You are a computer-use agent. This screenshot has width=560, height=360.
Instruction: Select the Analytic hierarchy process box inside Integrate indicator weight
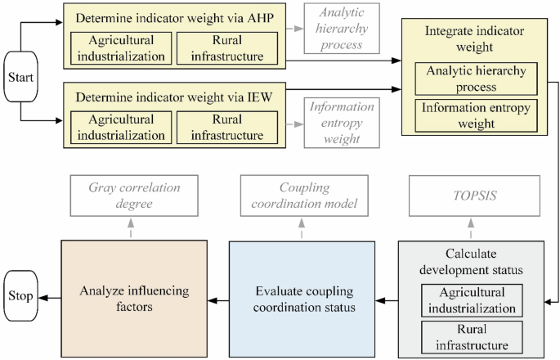(x=467, y=78)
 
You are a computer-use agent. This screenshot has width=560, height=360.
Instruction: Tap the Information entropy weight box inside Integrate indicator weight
(x=467, y=115)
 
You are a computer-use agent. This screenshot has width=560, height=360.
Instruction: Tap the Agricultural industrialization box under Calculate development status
(x=471, y=300)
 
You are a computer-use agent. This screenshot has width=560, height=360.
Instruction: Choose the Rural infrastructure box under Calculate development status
(x=471, y=336)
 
